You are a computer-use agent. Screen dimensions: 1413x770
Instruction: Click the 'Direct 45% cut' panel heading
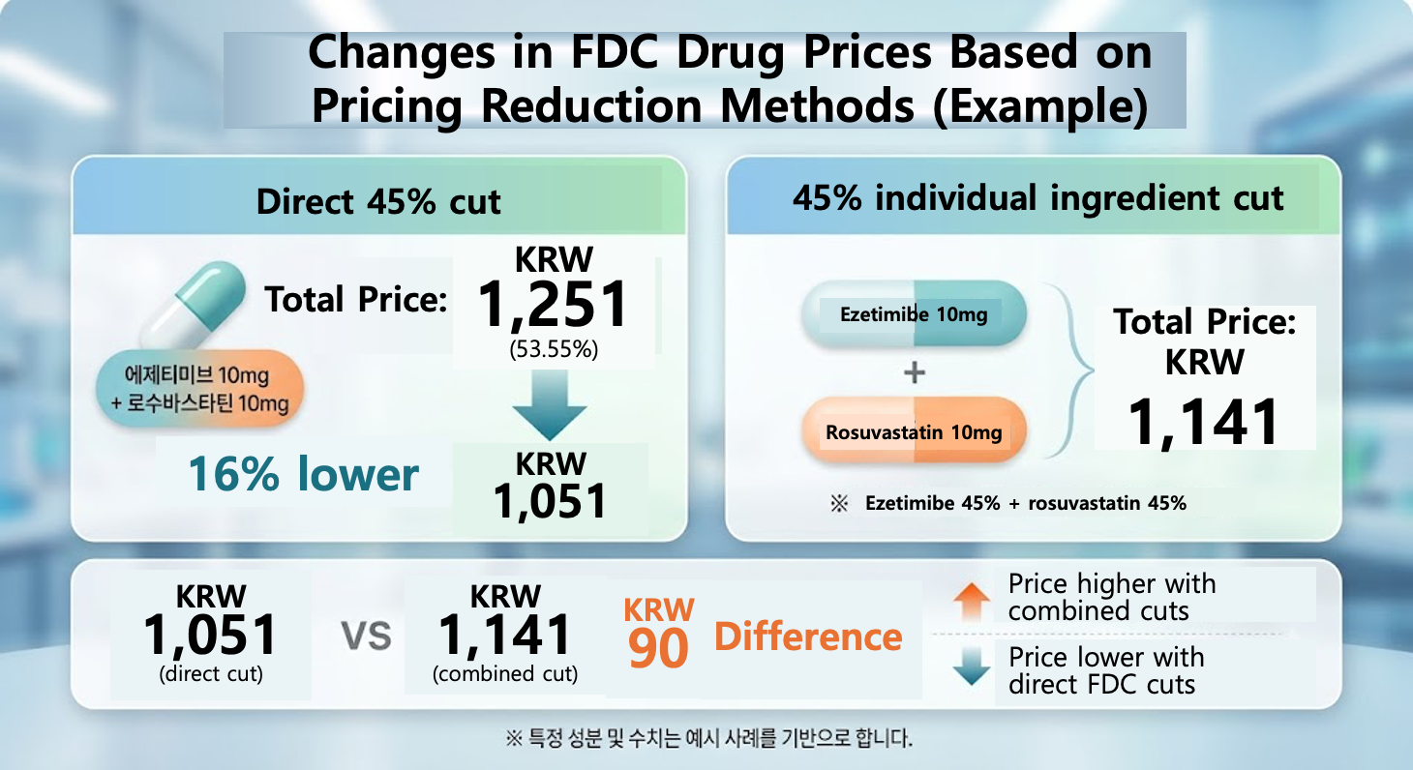[x=378, y=202]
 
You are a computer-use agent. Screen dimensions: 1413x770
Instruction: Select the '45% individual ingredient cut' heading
[x=1037, y=198]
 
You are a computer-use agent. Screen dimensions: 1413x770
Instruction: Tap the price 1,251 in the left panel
[x=553, y=304]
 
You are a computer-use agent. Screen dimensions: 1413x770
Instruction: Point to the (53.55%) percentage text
[x=554, y=349]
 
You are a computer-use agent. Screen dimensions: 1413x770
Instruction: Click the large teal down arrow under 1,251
[x=550, y=404]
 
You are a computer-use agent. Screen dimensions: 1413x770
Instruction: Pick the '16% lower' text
[x=304, y=474]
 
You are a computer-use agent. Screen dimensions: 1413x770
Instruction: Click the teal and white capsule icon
[x=193, y=305]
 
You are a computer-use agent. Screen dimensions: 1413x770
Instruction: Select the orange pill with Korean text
[x=200, y=389]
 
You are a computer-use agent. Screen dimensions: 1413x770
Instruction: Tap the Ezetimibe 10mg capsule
[x=914, y=314]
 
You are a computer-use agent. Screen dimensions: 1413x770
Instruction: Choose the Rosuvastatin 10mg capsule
[x=914, y=431]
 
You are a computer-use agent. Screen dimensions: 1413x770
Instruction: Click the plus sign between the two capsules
[x=914, y=372]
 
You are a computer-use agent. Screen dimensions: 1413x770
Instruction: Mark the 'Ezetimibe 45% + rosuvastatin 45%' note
[x=1026, y=503]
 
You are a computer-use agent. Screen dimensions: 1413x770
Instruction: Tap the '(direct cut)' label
[x=211, y=673]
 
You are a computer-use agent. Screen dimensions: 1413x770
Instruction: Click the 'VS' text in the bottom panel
[x=367, y=636]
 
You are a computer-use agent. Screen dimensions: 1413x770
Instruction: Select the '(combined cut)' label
[x=505, y=673]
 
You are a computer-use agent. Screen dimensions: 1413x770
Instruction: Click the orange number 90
[x=658, y=649]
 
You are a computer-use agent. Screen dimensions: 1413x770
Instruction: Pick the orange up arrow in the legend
[x=972, y=602]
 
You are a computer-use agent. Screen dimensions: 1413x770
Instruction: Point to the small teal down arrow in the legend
[x=972, y=666]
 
